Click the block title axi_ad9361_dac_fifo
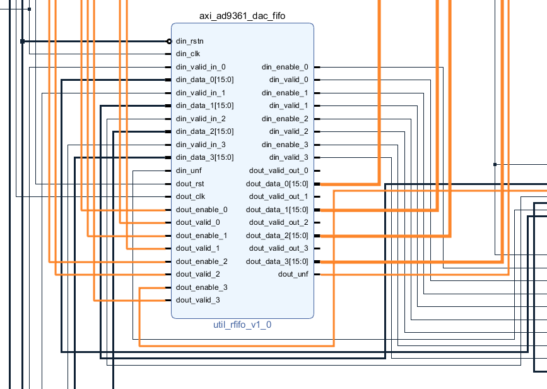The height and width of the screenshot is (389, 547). click(242, 16)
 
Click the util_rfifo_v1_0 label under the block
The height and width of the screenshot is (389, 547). click(242, 325)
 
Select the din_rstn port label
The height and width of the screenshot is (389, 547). click(189, 41)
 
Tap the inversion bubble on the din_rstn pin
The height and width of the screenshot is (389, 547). click(169, 42)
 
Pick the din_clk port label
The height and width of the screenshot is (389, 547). click(187, 54)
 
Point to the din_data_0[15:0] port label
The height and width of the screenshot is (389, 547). click(205, 80)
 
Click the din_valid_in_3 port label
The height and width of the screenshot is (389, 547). click(201, 145)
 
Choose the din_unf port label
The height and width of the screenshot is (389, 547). click(189, 171)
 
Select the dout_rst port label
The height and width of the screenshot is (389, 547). click(190, 184)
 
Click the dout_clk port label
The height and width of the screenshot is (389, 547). click(191, 196)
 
